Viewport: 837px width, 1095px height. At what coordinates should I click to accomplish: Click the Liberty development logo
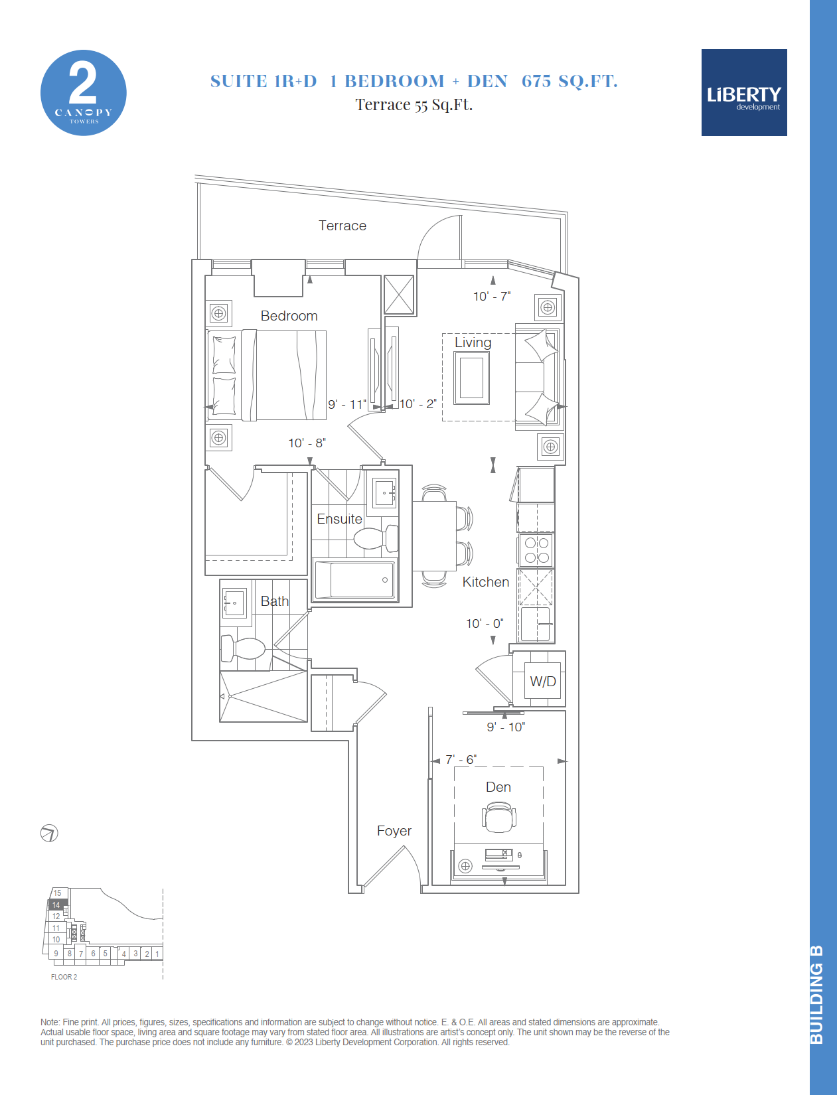point(743,92)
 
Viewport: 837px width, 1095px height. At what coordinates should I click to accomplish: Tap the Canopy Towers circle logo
point(83,92)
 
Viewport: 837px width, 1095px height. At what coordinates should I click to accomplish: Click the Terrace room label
point(342,226)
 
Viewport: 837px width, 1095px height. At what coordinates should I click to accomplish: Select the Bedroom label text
point(289,316)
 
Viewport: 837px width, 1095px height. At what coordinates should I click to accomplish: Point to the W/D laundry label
point(543,681)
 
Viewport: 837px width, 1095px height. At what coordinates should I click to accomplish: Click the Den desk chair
point(498,817)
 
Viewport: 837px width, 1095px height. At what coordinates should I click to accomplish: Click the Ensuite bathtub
point(354,579)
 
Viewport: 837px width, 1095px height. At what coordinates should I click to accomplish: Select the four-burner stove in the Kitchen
point(536,550)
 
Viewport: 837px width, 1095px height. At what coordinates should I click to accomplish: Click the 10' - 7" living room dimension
point(492,297)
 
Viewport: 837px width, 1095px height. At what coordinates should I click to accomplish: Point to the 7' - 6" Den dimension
point(461,759)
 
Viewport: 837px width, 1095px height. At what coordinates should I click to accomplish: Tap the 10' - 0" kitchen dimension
point(485,624)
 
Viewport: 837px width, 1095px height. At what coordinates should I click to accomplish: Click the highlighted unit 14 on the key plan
point(57,905)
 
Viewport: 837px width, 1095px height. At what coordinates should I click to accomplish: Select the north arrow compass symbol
point(49,833)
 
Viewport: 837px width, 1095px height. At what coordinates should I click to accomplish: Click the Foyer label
point(394,831)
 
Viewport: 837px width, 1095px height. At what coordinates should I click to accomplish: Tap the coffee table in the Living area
point(471,378)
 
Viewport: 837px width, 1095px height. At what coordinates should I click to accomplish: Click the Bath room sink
point(234,603)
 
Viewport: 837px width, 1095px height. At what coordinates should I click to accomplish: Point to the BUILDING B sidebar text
point(816,995)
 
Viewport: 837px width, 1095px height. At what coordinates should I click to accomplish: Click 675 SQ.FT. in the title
point(570,81)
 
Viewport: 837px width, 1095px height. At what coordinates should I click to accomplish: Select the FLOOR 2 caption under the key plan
point(64,977)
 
